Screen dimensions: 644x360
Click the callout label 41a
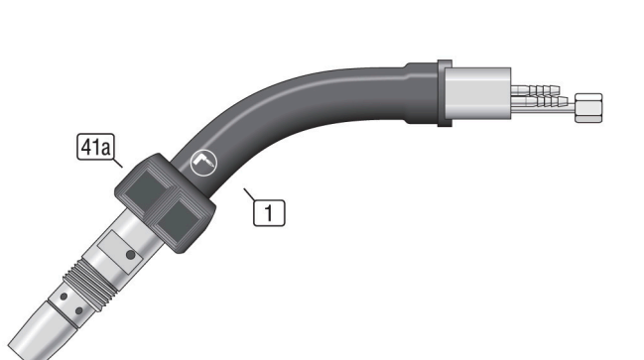[x=95, y=147]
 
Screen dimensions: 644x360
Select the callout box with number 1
[x=269, y=212]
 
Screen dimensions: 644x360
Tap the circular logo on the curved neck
[x=204, y=163]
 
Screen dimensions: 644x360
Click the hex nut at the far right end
[x=588, y=108]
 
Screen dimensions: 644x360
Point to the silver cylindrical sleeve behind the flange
[x=478, y=93]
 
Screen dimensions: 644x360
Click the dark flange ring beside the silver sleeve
[x=445, y=93]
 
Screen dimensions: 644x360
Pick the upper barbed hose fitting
[x=537, y=89]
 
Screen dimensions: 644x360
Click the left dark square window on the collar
[x=145, y=190]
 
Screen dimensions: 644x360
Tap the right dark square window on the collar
[x=177, y=220]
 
